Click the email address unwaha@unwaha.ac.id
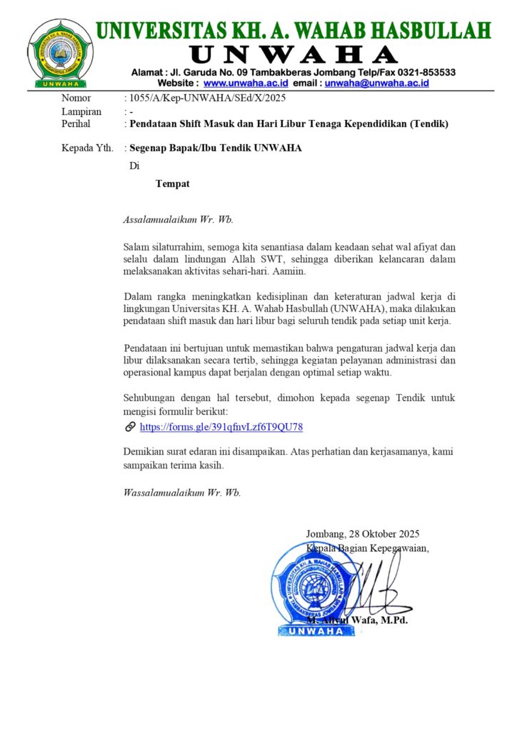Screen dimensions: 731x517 tap(376, 83)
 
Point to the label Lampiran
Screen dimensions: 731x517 tap(81, 111)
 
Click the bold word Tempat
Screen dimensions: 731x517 tap(173, 183)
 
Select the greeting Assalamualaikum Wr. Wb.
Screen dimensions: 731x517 tap(179, 219)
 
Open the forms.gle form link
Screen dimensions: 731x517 tap(221, 427)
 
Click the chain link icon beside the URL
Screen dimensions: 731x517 tap(130, 427)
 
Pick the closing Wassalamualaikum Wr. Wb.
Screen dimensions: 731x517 tap(182, 493)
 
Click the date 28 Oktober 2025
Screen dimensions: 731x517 tap(384, 533)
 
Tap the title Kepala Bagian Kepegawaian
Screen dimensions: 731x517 tap(368, 548)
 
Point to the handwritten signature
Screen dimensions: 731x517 tap(378, 585)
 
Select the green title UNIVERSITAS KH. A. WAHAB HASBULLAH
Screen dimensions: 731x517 tap(293, 31)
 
